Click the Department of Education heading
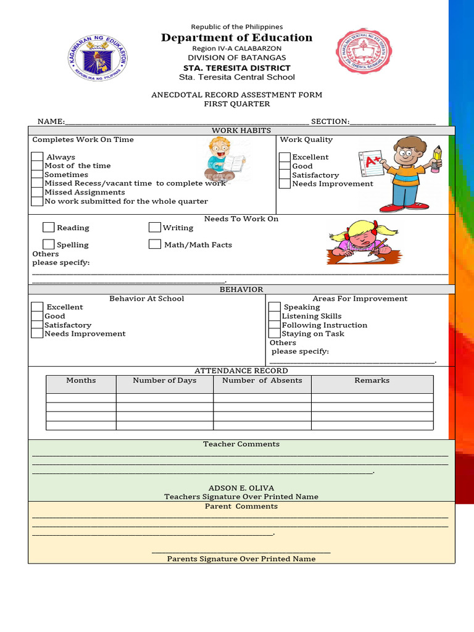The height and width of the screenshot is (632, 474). click(237, 38)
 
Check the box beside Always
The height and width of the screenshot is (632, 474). click(38, 157)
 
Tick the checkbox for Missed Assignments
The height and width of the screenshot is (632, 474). click(38, 193)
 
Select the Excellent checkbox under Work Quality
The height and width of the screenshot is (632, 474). click(285, 157)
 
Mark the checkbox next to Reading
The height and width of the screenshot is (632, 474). click(49, 228)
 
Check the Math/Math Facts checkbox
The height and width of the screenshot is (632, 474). click(155, 244)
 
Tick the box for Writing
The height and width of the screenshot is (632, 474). click(155, 228)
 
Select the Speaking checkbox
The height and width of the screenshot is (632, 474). click(275, 307)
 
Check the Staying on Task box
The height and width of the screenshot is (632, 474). click(275, 334)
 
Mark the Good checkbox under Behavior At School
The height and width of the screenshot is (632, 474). click(38, 316)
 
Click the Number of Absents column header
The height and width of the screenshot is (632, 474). click(262, 381)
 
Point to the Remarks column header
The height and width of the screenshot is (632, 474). click(372, 381)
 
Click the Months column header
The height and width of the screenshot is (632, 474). click(81, 381)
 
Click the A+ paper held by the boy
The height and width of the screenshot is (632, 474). click(372, 163)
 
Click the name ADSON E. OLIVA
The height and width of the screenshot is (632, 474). click(241, 488)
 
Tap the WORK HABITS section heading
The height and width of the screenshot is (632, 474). click(241, 130)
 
